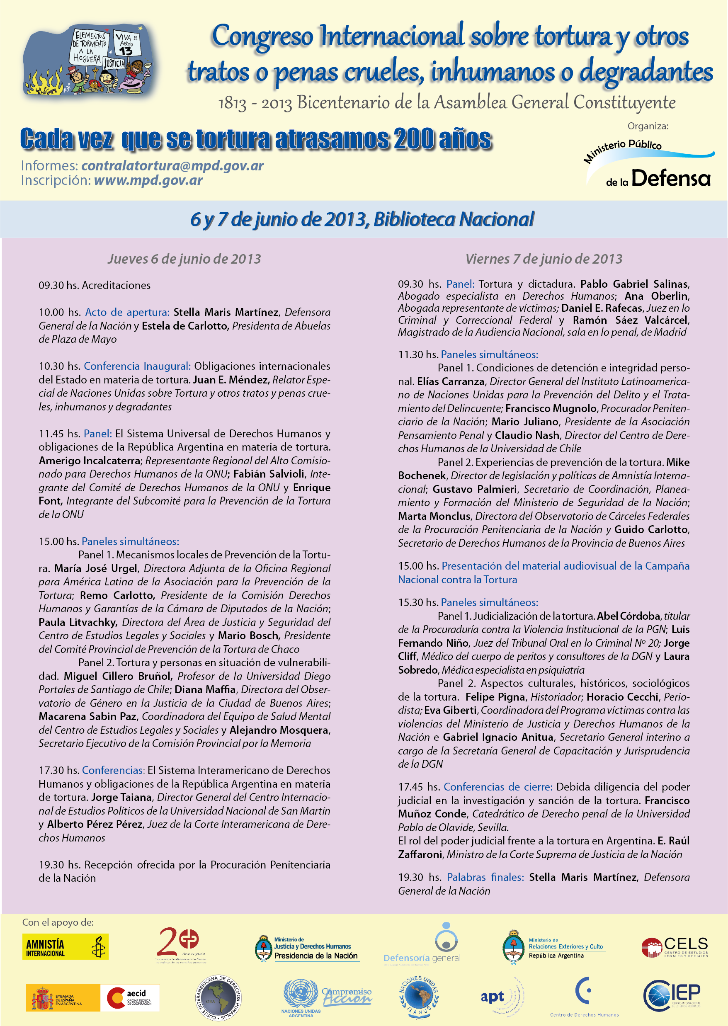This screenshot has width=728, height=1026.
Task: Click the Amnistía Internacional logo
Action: pyautogui.click(x=66, y=946)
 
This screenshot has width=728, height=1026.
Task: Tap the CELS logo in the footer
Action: pyautogui.click(x=675, y=947)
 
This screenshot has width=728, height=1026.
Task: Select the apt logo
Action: pyautogui.click(x=493, y=997)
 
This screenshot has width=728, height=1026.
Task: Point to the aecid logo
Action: pyautogui.click(x=130, y=998)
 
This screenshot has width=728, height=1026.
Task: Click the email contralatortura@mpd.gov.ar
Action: pyautogui.click(x=172, y=165)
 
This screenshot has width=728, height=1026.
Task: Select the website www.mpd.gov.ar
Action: pyautogui.click(x=148, y=180)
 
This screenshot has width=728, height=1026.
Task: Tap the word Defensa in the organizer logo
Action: pyautogui.click(x=671, y=178)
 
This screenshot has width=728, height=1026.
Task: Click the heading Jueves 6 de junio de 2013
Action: pyautogui.click(x=184, y=259)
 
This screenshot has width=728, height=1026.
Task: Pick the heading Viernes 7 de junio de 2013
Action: pyautogui.click(x=544, y=259)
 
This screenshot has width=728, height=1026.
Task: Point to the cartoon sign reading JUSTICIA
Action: pyautogui.click(x=114, y=64)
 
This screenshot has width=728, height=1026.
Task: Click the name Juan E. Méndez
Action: pyautogui.click(x=231, y=380)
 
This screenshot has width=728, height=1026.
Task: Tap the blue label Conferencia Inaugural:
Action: pyautogui.click(x=137, y=366)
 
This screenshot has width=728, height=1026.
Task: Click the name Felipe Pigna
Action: pyautogui.click(x=495, y=697)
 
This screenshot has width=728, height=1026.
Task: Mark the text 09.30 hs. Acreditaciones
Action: pyautogui.click(x=95, y=285)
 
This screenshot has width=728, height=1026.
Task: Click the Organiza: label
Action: pyautogui.click(x=648, y=126)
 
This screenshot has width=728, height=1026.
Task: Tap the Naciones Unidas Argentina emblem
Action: pyautogui.click(x=301, y=998)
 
